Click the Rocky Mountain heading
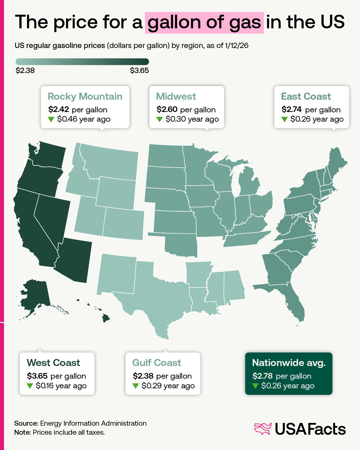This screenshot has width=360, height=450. click(85, 96)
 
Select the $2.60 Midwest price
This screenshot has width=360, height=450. click(167, 109)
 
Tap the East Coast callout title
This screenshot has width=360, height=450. click(306, 96)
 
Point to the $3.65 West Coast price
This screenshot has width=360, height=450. click(37, 376)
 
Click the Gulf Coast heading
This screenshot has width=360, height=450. click(157, 363)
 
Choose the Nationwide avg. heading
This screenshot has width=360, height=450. click(289, 363)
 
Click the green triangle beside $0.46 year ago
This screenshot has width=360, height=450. click(51, 119)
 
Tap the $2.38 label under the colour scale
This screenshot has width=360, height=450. click(25, 70)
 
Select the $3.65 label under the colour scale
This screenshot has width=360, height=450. click(139, 70)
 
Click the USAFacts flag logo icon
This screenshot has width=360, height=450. click(263, 429)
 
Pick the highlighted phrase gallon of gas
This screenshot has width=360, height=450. click(204, 22)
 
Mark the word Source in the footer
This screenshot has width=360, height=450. click(26, 423)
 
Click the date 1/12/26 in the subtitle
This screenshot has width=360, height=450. click(237, 46)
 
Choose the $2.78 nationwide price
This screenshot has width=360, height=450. click(263, 376)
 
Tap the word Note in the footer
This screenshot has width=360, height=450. click(22, 432)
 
